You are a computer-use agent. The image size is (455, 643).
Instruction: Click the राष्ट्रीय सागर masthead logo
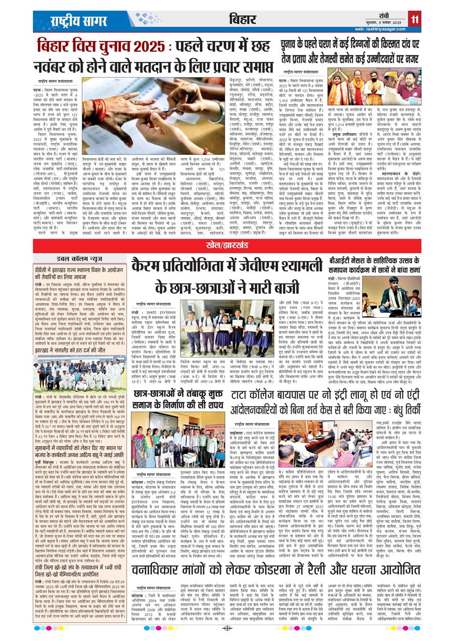click(75, 20)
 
